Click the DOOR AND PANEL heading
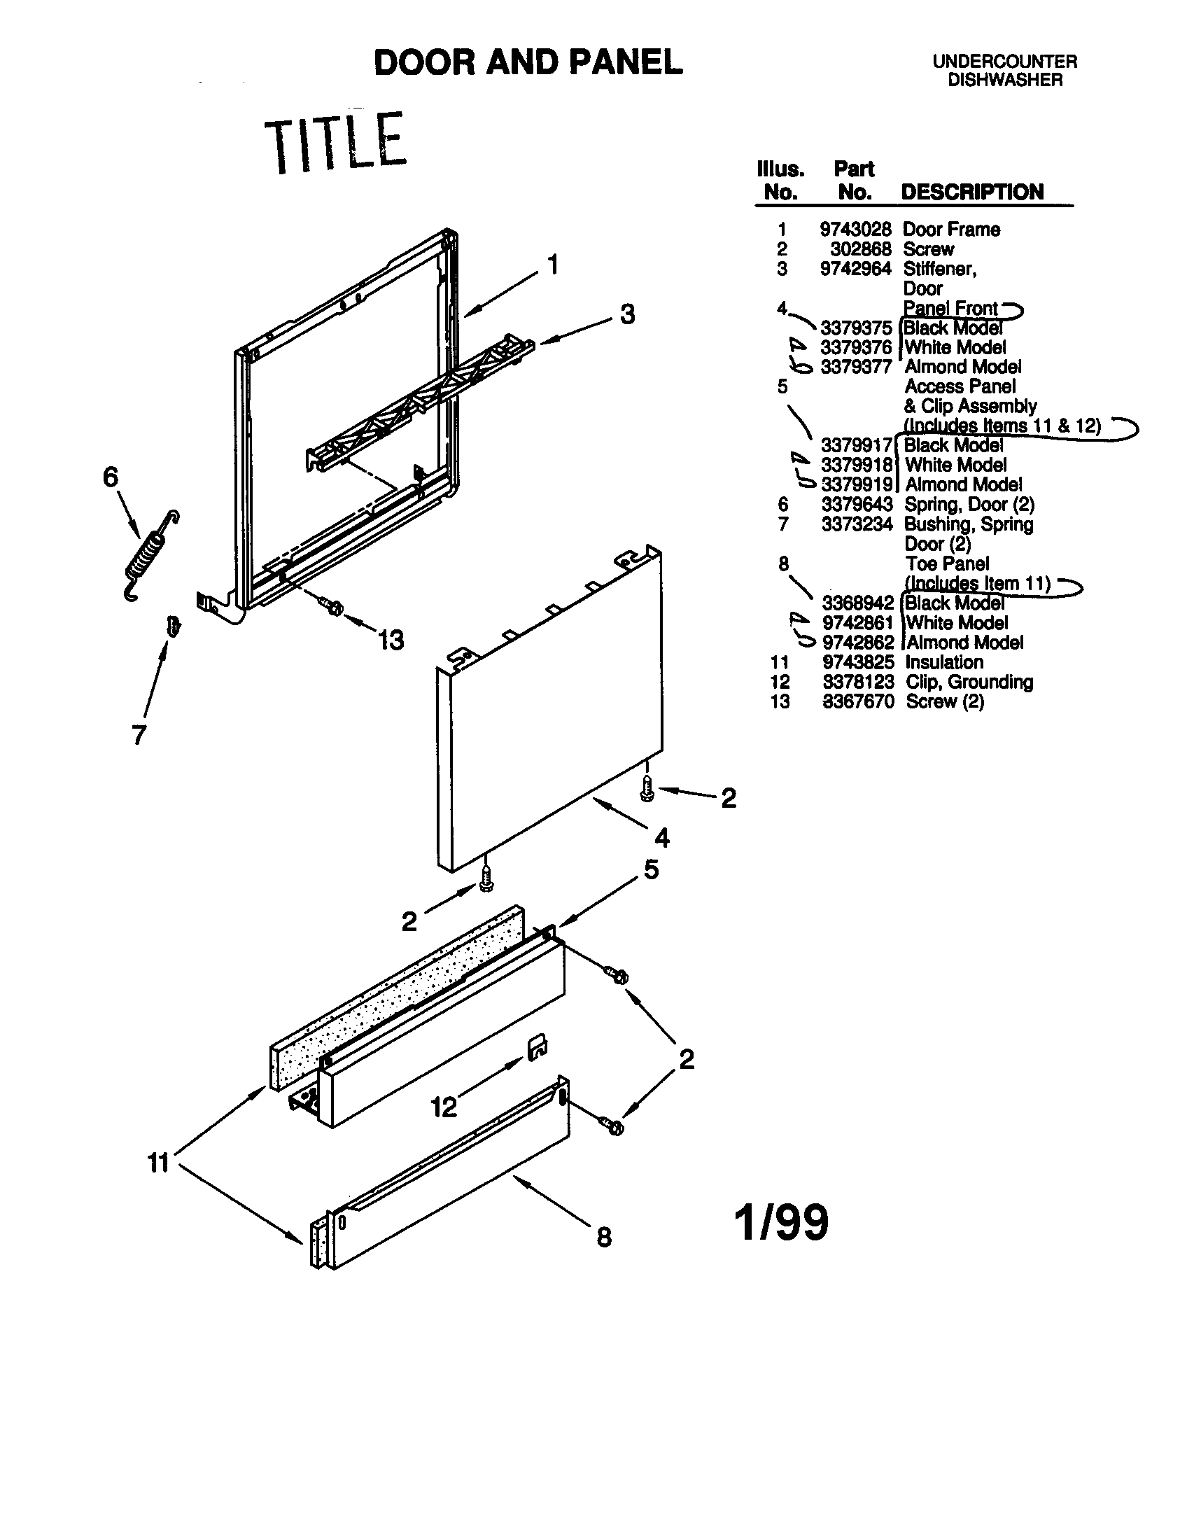click(x=528, y=63)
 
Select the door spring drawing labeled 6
click(x=150, y=556)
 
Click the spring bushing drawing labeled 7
click(x=172, y=624)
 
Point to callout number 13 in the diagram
click(x=391, y=640)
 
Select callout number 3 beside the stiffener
click(x=627, y=314)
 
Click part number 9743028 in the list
click(x=855, y=229)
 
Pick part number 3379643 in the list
click(x=857, y=504)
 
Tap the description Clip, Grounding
click(x=969, y=682)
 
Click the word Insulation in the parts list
click(x=944, y=662)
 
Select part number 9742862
click(x=858, y=643)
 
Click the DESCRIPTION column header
click(x=972, y=192)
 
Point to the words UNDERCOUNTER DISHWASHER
click(x=1004, y=71)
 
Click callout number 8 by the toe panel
click(x=604, y=1237)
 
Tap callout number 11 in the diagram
click(x=159, y=1162)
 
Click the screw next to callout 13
click(x=330, y=605)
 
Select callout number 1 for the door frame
click(x=554, y=265)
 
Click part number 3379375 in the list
click(x=856, y=328)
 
